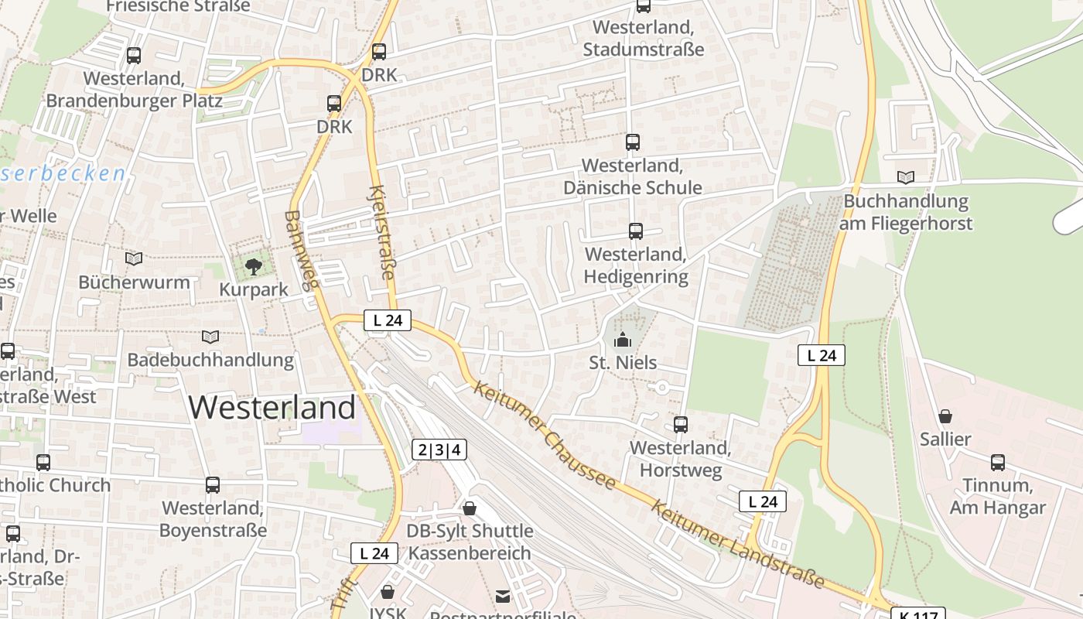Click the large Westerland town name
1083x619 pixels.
[x=272, y=407]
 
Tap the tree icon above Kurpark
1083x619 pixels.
[x=253, y=268]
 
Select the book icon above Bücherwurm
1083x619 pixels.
[x=134, y=258]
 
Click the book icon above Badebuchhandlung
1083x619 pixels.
[x=210, y=337]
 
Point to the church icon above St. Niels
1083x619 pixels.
[x=622, y=340]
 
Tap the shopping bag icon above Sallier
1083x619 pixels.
[x=945, y=417]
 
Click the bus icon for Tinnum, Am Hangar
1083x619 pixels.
[x=998, y=463]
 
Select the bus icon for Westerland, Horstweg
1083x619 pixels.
[x=680, y=425]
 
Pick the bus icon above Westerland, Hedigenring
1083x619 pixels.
[x=635, y=231]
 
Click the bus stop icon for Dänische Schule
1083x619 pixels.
[x=632, y=142]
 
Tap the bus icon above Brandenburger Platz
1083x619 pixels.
[x=134, y=56]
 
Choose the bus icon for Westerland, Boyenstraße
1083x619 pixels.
[x=213, y=485]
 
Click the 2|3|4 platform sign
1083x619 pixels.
[x=439, y=450]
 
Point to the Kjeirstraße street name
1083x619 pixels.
[x=382, y=232]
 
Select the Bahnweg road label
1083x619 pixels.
[x=301, y=250]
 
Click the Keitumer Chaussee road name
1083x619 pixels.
[x=546, y=436]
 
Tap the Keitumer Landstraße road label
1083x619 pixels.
[x=736, y=544]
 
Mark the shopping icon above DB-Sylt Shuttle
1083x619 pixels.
[x=469, y=508]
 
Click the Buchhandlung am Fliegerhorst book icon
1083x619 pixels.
[x=905, y=178]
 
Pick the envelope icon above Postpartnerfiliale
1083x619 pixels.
[x=503, y=596]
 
